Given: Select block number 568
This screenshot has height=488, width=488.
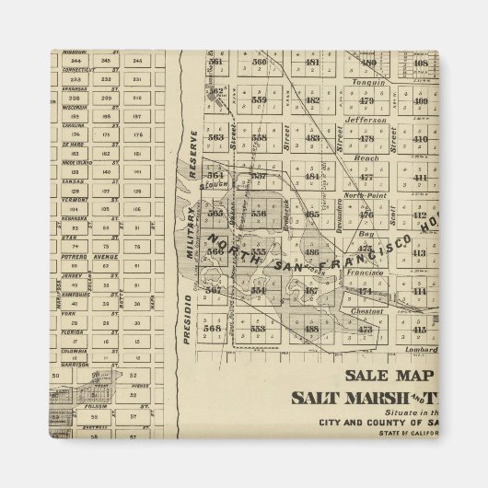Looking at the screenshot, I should point(214,328).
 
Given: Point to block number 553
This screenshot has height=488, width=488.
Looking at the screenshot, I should point(259,328).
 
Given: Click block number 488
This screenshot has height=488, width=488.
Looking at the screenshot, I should point(311,328).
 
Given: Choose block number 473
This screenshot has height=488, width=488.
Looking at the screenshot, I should point(366,329).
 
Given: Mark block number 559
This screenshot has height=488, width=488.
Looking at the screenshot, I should point(259,99).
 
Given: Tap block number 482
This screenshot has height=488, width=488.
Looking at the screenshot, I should point(312,99).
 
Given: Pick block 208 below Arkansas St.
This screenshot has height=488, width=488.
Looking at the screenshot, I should point(75,97).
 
